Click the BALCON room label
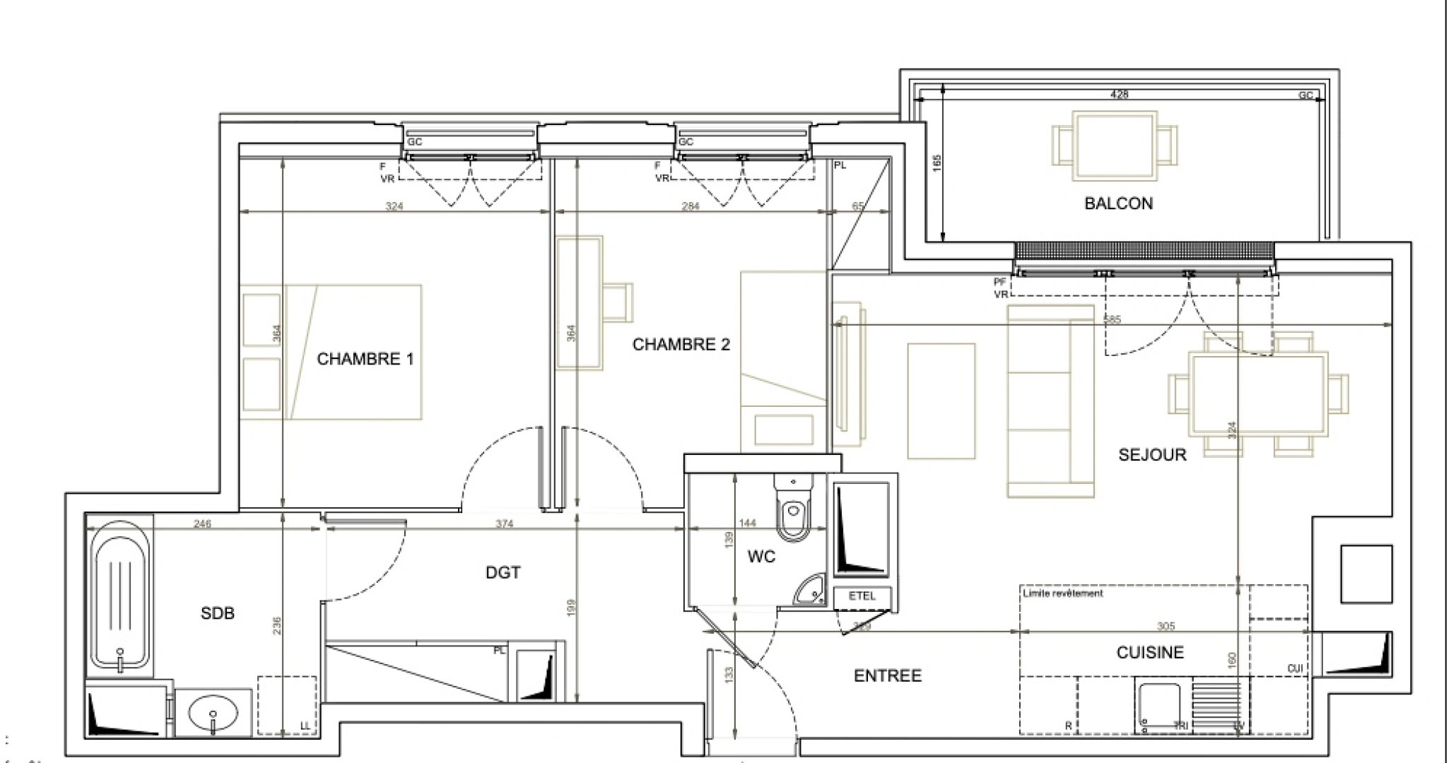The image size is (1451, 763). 1118,203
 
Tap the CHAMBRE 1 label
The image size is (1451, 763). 365,359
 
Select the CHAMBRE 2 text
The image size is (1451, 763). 681,345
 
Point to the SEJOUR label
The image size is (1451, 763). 1151,455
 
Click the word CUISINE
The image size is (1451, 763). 1149,653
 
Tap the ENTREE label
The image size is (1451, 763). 888,676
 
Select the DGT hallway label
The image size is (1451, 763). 503,572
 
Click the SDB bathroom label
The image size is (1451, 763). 217,613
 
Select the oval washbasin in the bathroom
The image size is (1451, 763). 213,714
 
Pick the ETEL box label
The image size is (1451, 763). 862,596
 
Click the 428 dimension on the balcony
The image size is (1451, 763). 1119,94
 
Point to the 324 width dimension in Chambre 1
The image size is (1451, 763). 394,206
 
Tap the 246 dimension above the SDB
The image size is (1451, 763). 202,524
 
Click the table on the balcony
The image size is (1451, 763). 1115,146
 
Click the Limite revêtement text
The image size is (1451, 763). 1062,593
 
